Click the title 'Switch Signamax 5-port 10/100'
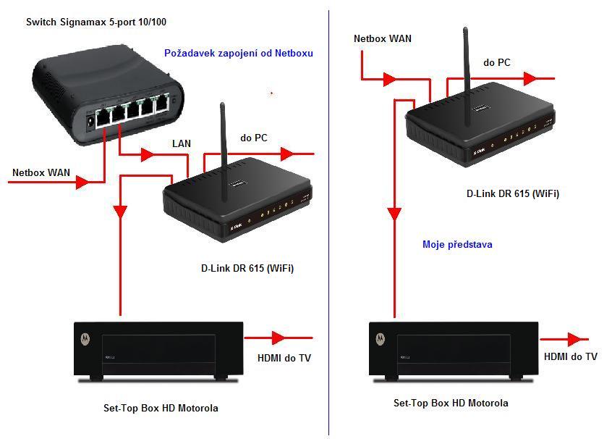pyautogui.click(x=96, y=22)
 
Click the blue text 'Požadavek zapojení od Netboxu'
pyautogui.click(x=239, y=53)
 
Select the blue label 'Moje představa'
pyautogui.click(x=457, y=244)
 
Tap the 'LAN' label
pyautogui.click(x=182, y=143)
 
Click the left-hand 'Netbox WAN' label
pyautogui.click(x=41, y=172)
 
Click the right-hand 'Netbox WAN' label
pyautogui.click(x=383, y=38)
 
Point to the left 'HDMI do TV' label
pyautogui.click(x=285, y=357)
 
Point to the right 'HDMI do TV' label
pyautogui.click(x=571, y=356)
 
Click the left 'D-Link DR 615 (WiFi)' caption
pyautogui.click(x=247, y=268)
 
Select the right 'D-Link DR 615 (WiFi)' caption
pyautogui.click(x=513, y=193)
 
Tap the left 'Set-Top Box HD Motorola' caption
pyautogui.click(x=161, y=408)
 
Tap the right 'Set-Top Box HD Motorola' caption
pyautogui.click(x=451, y=403)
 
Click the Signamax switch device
pyautogui.click(x=109, y=94)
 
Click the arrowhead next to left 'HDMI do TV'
pyautogui.click(x=278, y=338)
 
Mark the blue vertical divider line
pyautogui.click(x=329, y=217)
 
